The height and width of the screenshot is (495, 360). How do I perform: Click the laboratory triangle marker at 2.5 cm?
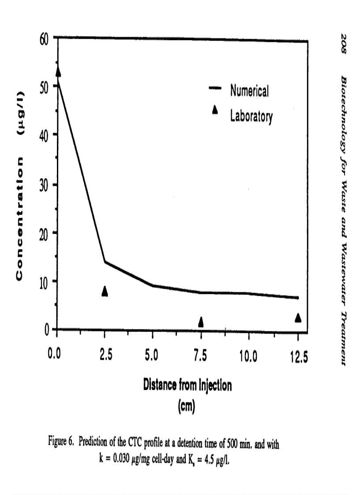(x=105, y=291)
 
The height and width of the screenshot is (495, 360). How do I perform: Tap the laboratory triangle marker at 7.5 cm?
(x=201, y=322)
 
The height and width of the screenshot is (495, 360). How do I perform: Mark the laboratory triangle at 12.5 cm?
(x=298, y=317)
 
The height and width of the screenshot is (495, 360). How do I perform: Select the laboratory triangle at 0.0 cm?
(x=58, y=71)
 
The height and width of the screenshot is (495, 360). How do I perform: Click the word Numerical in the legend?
(x=249, y=91)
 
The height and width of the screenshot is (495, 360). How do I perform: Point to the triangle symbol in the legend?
(x=215, y=111)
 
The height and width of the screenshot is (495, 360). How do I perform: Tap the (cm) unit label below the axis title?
(x=187, y=406)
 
